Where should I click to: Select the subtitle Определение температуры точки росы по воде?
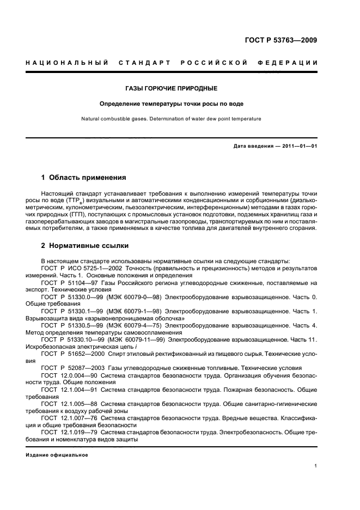171,104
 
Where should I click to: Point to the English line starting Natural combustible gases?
171,118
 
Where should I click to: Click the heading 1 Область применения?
84,178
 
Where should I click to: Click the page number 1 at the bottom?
316,466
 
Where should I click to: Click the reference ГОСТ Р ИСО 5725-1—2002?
79,269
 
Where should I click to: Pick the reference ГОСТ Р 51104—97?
70,283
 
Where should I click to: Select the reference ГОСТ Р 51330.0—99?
71,297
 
